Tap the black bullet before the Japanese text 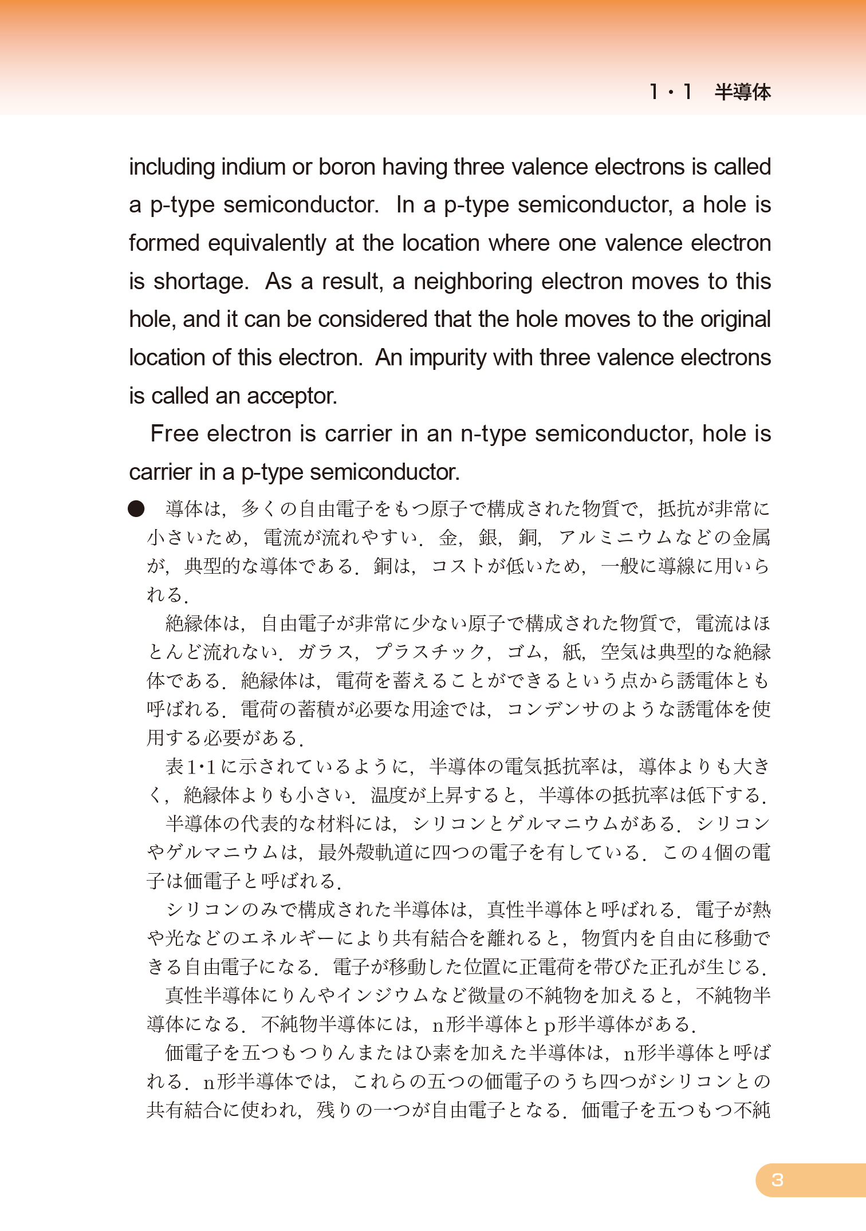point(136,508)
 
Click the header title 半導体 point(742,92)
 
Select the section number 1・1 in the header point(670,92)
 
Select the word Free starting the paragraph point(175,434)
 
